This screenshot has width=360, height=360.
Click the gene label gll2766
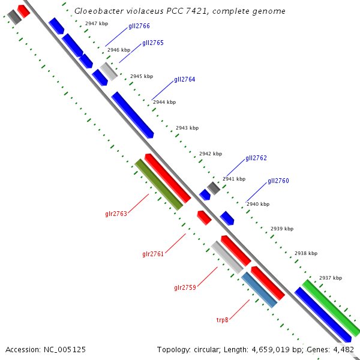pyautogui.click(x=139, y=26)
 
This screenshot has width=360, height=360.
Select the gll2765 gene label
pyautogui.click(x=153, y=43)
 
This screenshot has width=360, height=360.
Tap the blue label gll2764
pyautogui.click(x=185, y=80)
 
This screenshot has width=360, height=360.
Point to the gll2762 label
pyautogui.click(x=256, y=158)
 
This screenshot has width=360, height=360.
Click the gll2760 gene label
pyautogui.click(x=278, y=181)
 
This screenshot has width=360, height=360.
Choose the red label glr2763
pyautogui.click(x=116, y=214)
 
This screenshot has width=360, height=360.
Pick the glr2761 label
pyautogui.click(x=153, y=254)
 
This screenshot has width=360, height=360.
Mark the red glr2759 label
pyautogui.click(x=185, y=288)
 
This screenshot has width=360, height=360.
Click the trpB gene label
pyautogui.click(x=223, y=320)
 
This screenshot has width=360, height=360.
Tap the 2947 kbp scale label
pyautogui.click(x=96, y=23)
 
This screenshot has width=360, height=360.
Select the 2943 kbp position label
pyautogui.click(x=187, y=128)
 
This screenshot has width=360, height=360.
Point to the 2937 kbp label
pyautogui.click(x=330, y=278)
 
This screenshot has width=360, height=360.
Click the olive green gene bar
pyautogui.click(x=158, y=185)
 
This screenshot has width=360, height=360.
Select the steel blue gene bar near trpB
pyautogui.click(x=259, y=290)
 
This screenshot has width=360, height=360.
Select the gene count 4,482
pyautogui.click(x=343, y=349)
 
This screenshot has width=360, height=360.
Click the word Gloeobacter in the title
pyautogui.click(x=98, y=11)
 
